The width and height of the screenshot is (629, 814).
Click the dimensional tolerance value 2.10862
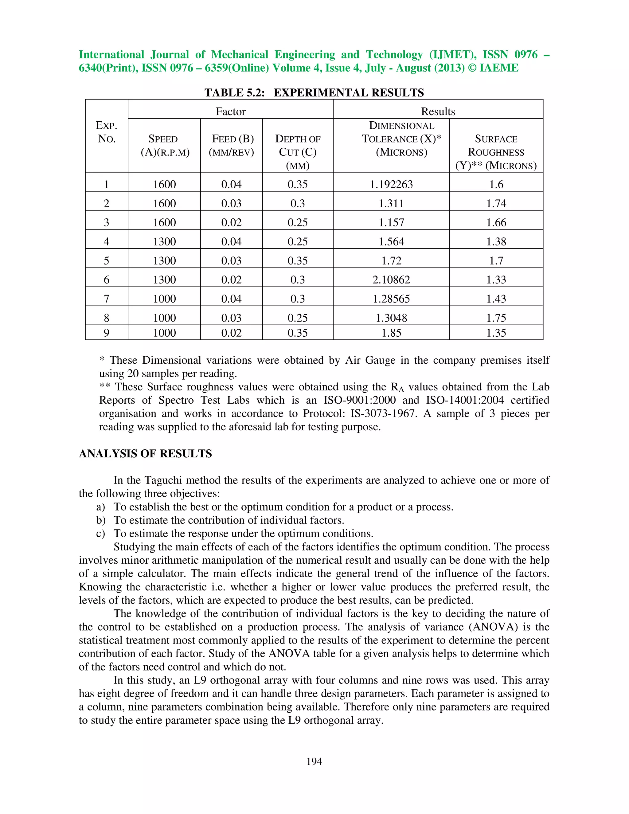391,280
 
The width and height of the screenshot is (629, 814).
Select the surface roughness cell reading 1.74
496,203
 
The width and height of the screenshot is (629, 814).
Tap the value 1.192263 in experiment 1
391,185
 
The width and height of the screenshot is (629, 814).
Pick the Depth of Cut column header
297,152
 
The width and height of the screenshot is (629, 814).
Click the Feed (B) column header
231,145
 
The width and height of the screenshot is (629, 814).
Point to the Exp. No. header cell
107,132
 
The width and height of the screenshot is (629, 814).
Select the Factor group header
231,112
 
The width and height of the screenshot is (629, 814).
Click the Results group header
438,112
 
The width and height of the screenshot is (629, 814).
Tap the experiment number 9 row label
107,333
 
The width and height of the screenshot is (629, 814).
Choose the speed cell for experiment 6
164,280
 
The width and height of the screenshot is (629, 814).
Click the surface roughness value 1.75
496,318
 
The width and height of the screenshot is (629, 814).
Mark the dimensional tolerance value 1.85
391,333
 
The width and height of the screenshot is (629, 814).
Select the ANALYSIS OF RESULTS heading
145,454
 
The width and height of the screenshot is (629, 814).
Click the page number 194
314,761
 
